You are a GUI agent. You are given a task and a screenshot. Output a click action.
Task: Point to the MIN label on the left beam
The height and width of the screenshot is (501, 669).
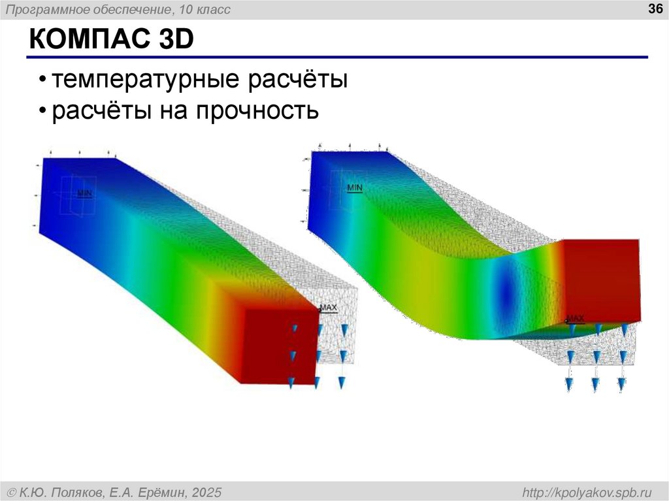(x=85, y=193)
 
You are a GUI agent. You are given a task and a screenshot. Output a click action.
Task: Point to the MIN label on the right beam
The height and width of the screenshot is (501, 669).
(x=354, y=187)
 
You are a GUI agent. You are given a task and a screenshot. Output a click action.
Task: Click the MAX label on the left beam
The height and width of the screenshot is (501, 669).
(x=328, y=308)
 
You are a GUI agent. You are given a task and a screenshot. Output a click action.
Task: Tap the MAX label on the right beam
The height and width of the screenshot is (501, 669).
(x=574, y=318)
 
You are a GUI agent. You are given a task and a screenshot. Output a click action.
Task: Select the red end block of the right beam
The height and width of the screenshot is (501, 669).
(x=600, y=278)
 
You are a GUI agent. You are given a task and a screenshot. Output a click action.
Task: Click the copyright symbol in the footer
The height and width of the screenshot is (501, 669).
(x=12, y=492)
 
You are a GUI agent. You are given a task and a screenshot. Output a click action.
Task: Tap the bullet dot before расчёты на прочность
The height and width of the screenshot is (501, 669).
(x=42, y=112)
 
